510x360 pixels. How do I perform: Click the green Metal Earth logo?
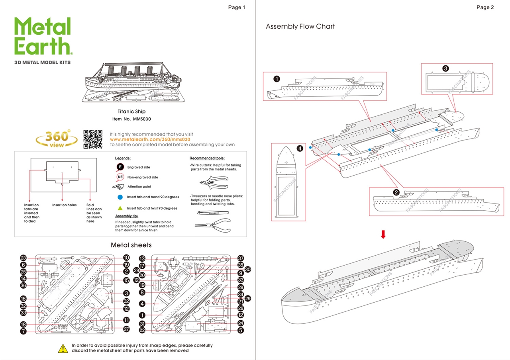pyautogui.click(x=43, y=36)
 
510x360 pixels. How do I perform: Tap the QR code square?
pyautogui.click(x=92, y=139)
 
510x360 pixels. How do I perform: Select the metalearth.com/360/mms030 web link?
pyautogui.click(x=150, y=139)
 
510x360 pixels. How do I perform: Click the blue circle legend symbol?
pyautogui.click(x=120, y=197)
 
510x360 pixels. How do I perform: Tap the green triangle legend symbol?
pyautogui.click(x=120, y=208)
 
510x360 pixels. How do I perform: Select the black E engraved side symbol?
pyautogui.click(x=120, y=167)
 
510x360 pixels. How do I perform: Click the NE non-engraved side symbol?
pyautogui.click(x=120, y=177)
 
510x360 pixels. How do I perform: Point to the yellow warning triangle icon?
pyautogui.click(x=63, y=348)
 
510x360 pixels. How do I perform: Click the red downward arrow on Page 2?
pyautogui.click(x=383, y=235)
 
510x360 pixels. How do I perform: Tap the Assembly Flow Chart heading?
pyautogui.click(x=300, y=27)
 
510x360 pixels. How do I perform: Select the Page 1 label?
pyautogui.click(x=236, y=7)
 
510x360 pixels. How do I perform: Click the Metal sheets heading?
pyautogui.click(x=131, y=245)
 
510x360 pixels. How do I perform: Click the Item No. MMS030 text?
pyautogui.click(x=131, y=119)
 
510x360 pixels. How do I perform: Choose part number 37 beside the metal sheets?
pyautogui.click(x=240, y=258)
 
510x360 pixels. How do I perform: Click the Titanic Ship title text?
pyautogui.click(x=131, y=112)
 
